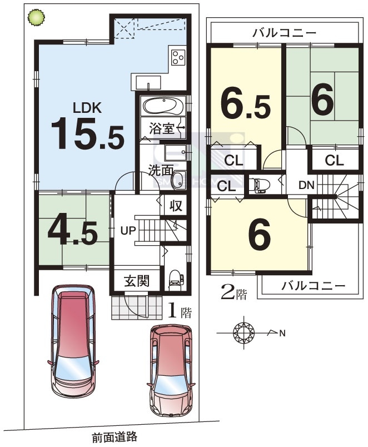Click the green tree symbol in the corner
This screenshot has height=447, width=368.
(x=36, y=17)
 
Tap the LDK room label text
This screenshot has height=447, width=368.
(x=87, y=108)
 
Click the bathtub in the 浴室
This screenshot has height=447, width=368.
(x=163, y=106)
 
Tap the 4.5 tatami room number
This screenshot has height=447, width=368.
(x=73, y=233)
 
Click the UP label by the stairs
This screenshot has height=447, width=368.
(x=128, y=230)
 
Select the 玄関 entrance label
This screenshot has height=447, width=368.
(x=137, y=281)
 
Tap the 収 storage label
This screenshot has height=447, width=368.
(x=176, y=206)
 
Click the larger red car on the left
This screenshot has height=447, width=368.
(x=73, y=340)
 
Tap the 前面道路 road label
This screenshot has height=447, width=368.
(x=115, y=436)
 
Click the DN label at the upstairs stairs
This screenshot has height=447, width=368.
(x=306, y=185)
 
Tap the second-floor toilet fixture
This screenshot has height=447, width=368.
(x=259, y=185)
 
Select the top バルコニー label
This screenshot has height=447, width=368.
(x=284, y=33)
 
